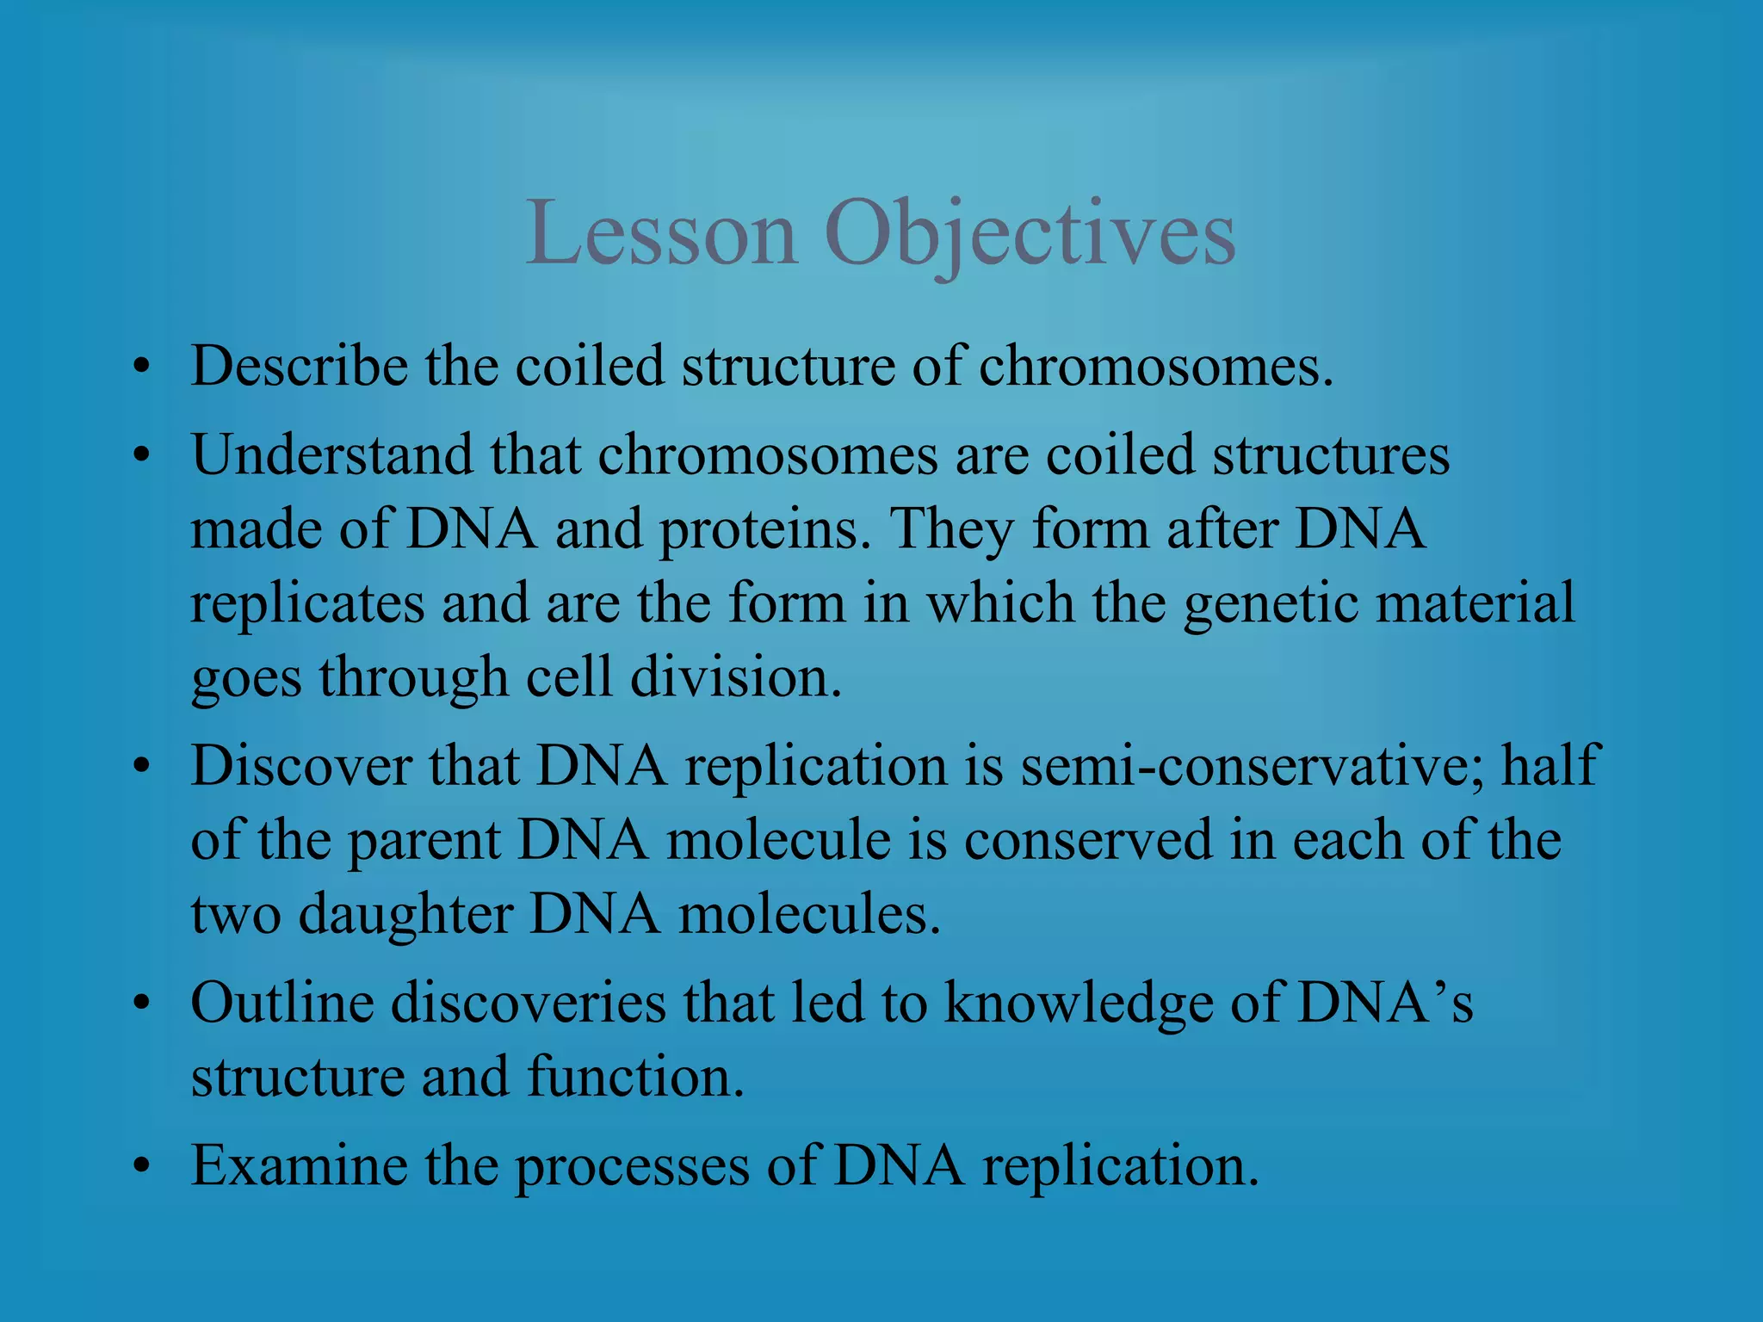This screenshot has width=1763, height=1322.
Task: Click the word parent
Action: [424, 841]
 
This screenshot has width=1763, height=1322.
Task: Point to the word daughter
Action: [405, 914]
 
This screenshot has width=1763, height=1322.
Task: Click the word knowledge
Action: [1078, 1004]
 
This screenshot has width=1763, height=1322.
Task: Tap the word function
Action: [634, 1077]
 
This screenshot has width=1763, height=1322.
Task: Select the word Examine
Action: [299, 1165]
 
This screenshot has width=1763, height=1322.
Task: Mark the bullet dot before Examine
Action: [142, 1169]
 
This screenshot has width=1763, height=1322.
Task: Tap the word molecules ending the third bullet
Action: [809, 914]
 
